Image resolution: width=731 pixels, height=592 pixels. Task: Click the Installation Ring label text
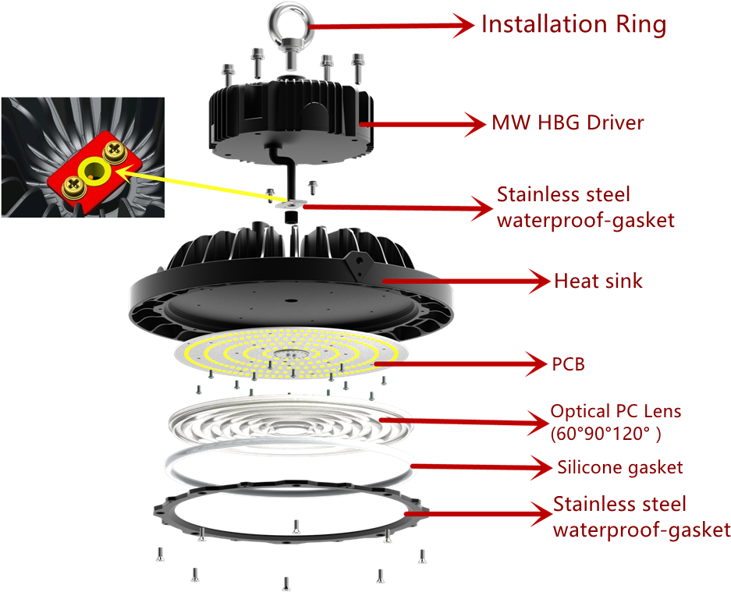573,24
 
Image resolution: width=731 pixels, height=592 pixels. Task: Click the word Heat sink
598,281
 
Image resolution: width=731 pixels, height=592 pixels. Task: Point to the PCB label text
569,363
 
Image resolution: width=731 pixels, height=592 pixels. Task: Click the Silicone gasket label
620,467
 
